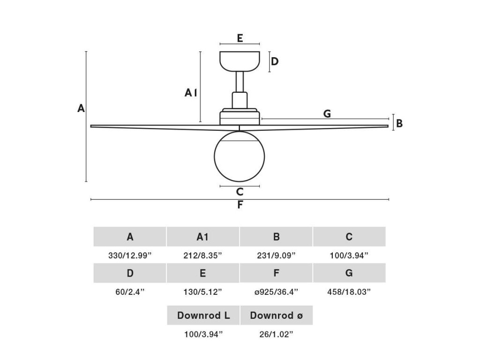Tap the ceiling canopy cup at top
pos(240,61)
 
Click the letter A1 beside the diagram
pos(190,93)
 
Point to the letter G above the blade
pos(327,113)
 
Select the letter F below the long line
pos(240,205)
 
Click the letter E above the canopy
pos(240,38)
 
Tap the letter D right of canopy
pos(275,61)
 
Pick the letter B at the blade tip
pos(399,123)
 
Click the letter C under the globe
pos(240,192)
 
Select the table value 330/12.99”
pos(130,255)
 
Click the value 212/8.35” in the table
pos(203,255)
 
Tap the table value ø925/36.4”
pos(277,292)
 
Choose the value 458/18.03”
pos(349,292)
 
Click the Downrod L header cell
pos(203,315)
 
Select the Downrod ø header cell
pos(277,315)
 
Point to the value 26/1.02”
pos(277,334)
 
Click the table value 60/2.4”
pos(130,292)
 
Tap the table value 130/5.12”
pos(203,292)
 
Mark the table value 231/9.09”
pos(277,255)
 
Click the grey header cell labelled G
pos(349,273)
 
